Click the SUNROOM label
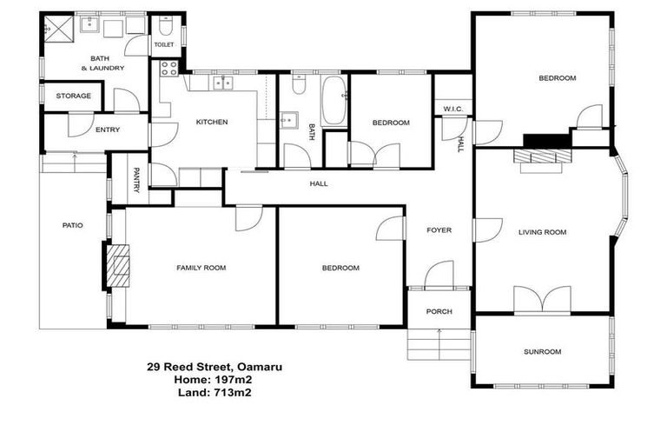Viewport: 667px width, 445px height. point(542,351)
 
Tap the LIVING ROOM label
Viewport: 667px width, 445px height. point(542,232)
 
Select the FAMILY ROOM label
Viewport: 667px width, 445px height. point(201,268)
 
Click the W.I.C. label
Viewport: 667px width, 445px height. point(452,109)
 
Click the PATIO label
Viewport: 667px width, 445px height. point(73,225)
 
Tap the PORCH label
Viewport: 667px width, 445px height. point(439,311)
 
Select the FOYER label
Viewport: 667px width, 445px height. point(439,230)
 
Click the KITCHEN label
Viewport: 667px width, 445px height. point(211,122)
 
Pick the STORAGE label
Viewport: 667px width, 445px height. point(74,96)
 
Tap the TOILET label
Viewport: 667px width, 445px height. point(164,43)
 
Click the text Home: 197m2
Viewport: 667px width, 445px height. point(214,379)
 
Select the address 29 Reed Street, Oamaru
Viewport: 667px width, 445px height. point(214,367)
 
